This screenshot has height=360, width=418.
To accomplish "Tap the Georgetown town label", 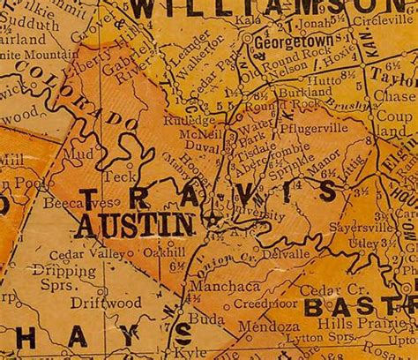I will tap(284, 41).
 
